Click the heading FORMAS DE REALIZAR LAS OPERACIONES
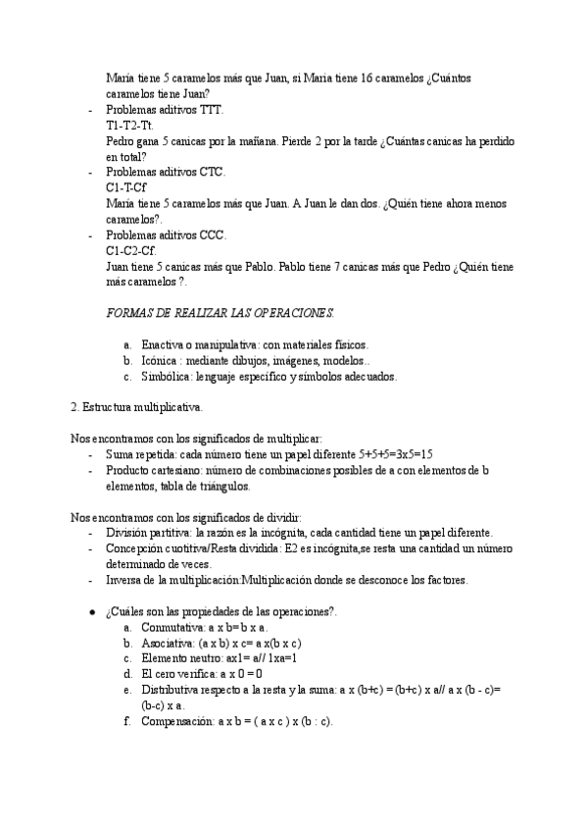[220, 313]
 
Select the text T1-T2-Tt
[129, 126]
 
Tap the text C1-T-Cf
[126, 188]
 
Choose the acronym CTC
[213, 173]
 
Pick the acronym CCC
[213, 235]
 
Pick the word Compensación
[177, 721]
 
